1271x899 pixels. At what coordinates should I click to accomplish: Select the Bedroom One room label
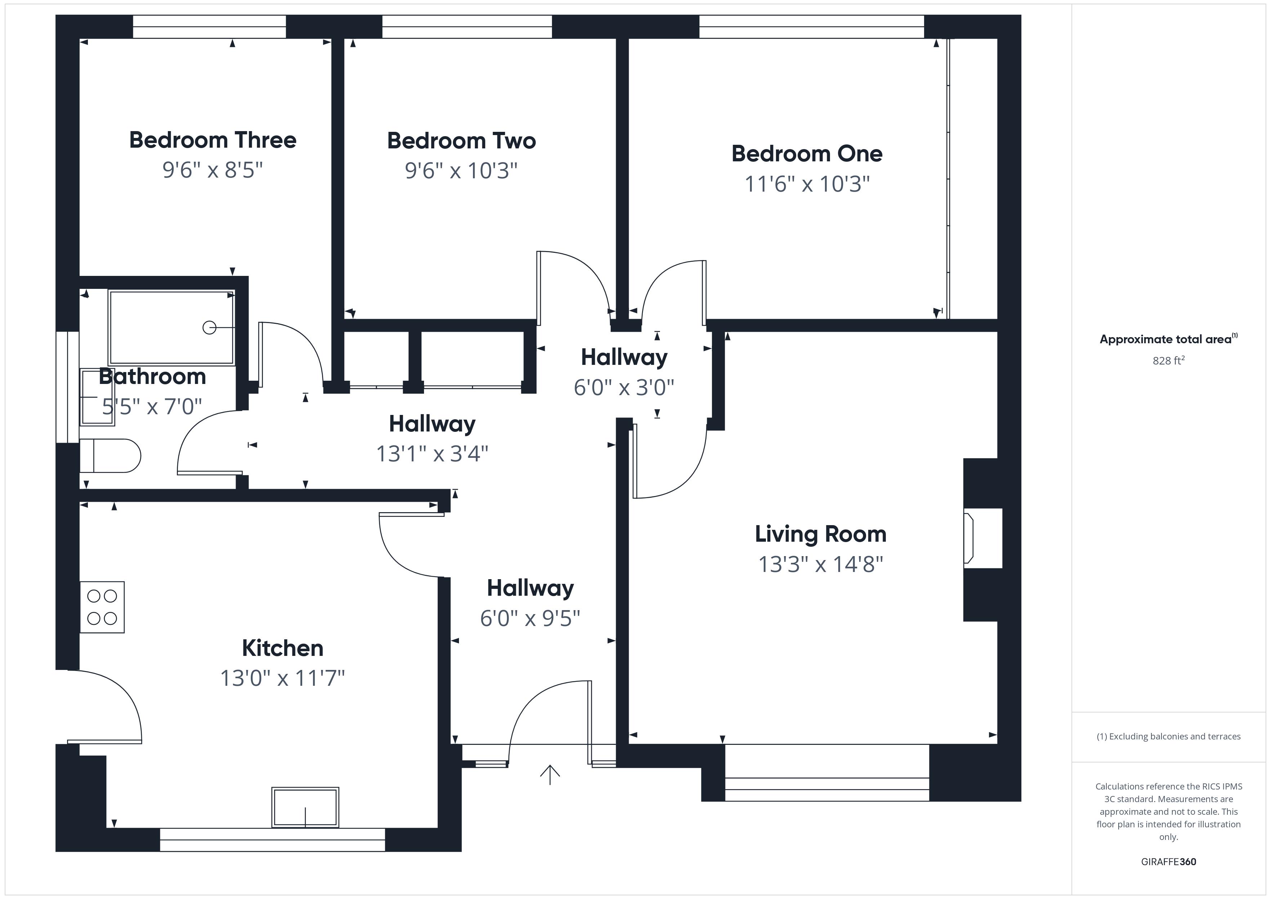(x=807, y=153)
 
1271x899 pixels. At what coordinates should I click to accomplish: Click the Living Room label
(x=820, y=534)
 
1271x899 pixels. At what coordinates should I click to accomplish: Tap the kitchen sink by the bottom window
(x=305, y=807)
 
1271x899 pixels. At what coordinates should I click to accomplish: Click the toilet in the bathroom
(x=110, y=456)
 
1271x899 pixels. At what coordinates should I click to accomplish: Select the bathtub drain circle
(x=209, y=328)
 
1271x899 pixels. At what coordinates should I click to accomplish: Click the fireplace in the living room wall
(x=982, y=538)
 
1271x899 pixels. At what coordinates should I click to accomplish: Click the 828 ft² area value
(x=1169, y=361)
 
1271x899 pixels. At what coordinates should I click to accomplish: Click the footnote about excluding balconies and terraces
(x=1169, y=736)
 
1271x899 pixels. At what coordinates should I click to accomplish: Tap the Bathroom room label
(x=152, y=376)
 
